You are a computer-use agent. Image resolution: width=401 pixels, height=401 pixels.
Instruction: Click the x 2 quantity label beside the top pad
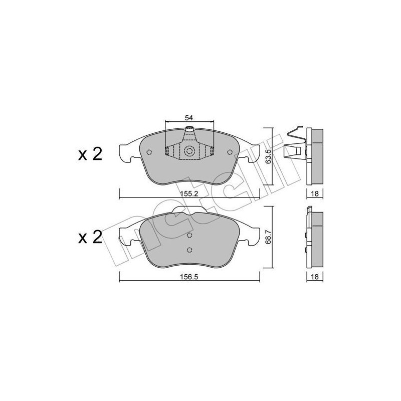coord(90,154)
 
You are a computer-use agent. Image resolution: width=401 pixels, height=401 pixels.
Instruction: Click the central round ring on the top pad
coord(189,151)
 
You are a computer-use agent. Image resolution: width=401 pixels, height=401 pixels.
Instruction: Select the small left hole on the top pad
coord(148,153)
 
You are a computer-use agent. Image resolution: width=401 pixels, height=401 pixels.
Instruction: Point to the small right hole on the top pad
coord(230,153)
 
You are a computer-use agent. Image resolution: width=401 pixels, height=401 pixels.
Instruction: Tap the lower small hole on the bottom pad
coord(189,250)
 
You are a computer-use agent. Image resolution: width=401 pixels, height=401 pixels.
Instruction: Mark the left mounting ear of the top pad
coord(125,152)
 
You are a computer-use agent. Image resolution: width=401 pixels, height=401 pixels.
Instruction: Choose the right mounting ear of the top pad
coord(253,152)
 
